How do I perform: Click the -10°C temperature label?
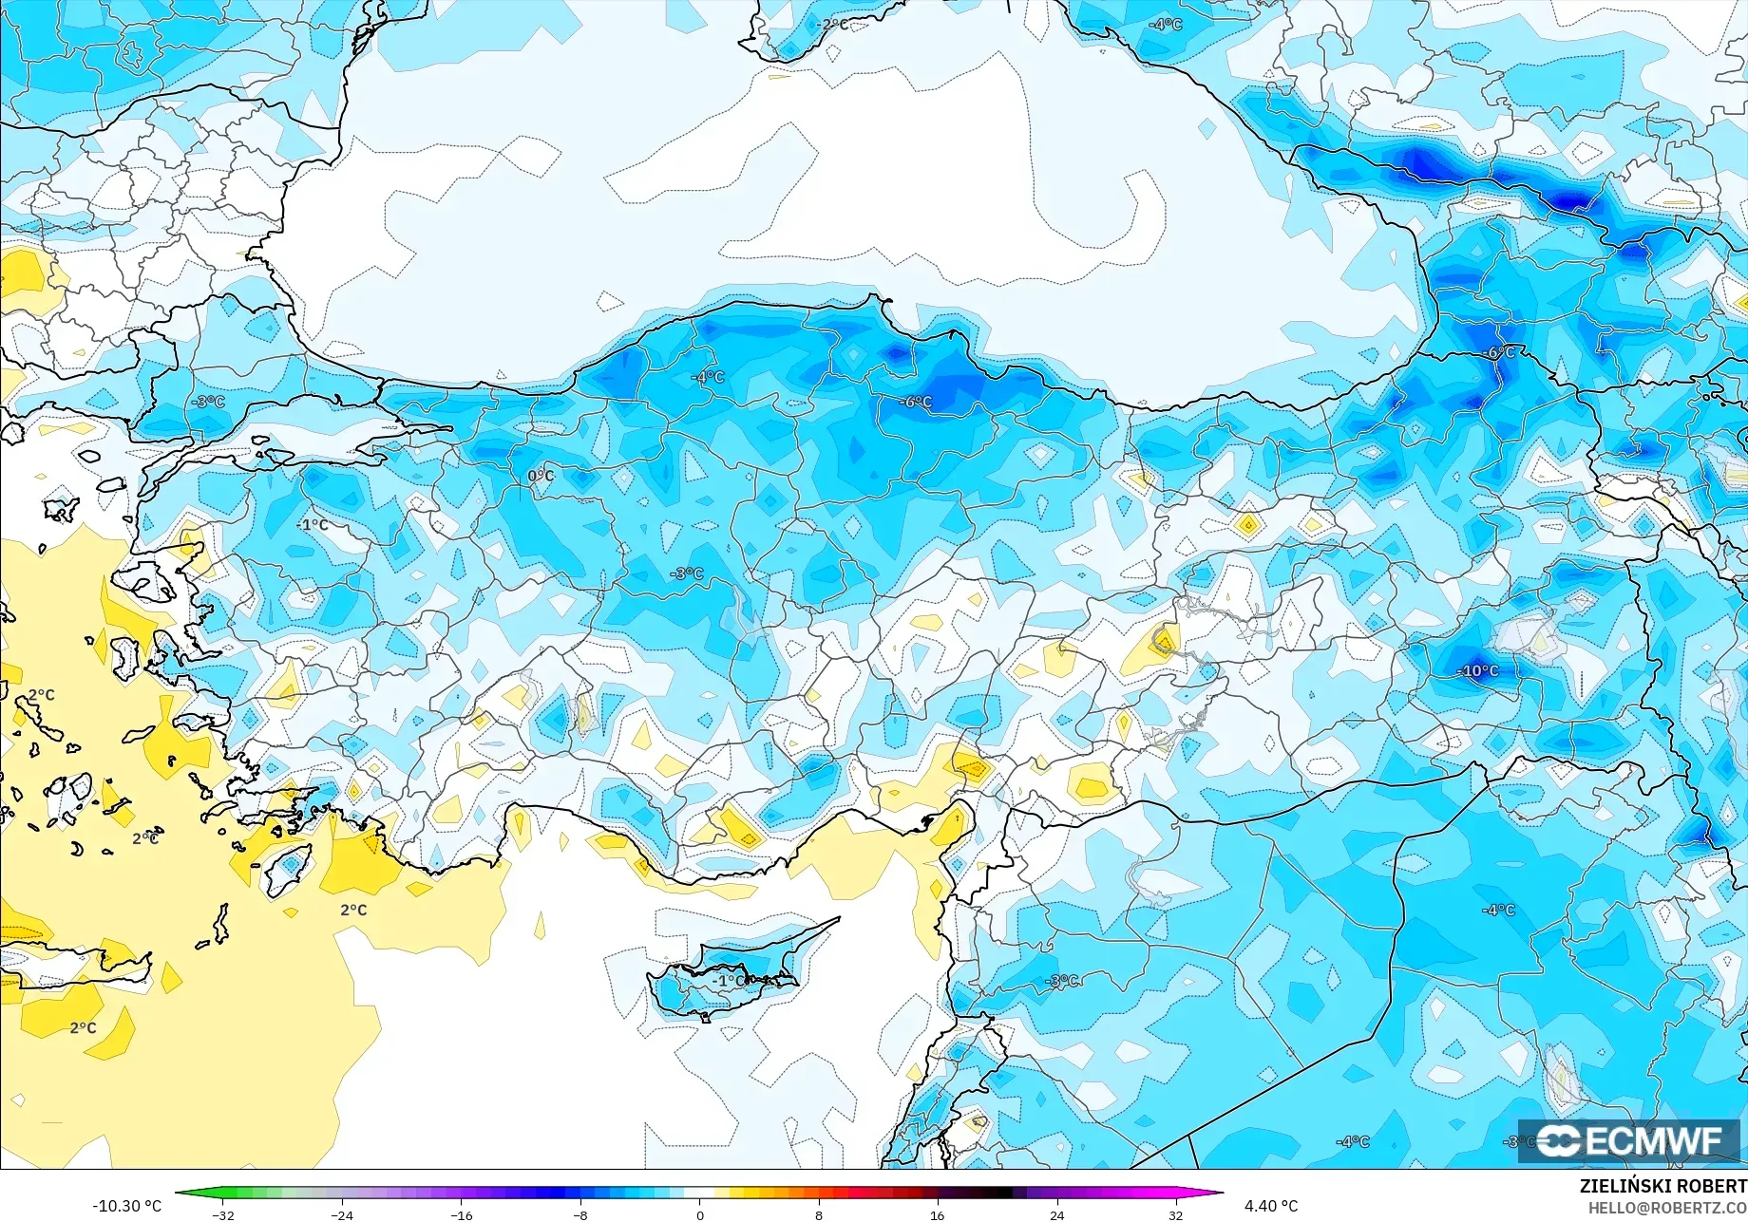click(x=1478, y=670)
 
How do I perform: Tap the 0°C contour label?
click(x=541, y=476)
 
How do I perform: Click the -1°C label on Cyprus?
click(x=730, y=980)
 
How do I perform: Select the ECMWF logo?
click(x=1628, y=1140)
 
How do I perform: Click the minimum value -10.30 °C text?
click(x=126, y=1206)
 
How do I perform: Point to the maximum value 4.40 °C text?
click(x=1271, y=1206)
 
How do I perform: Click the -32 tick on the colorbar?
click(x=223, y=1214)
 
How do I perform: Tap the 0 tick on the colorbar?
click(x=700, y=1214)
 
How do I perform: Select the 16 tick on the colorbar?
click(x=938, y=1214)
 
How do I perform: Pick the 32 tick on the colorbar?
click(x=1176, y=1214)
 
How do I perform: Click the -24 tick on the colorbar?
click(x=342, y=1214)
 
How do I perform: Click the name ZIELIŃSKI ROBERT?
click(x=1662, y=1186)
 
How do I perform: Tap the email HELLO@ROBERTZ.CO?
click(x=1667, y=1207)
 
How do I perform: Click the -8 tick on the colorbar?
click(x=580, y=1214)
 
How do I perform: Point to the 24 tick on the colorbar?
click(x=1056, y=1214)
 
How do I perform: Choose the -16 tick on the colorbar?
click(x=461, y=1214)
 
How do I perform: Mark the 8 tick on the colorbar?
click(x=819, y=1214)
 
